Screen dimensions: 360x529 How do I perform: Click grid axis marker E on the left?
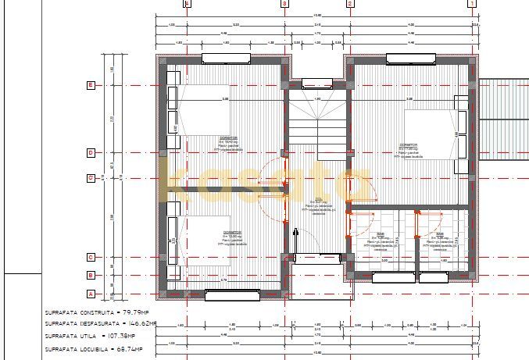click(x=91, y=84)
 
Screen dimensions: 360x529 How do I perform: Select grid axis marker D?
click(x=91, y=152)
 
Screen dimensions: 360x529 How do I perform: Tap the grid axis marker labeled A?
click(x=91, y=294)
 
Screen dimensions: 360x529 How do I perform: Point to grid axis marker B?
click(x=91, y=275)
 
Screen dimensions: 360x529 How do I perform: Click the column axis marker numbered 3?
click(x=284, y=3)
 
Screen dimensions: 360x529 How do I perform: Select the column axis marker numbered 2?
click(x=349, y=3)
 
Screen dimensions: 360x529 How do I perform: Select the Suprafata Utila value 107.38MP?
click(x=126, y=335)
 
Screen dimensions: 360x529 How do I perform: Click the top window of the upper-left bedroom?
click(x=226, y=58)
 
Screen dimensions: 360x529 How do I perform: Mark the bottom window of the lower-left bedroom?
click(x=232, y=294)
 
